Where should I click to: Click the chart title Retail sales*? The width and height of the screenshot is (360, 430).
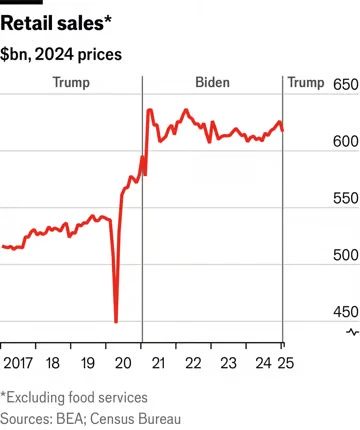[x=56, y=24]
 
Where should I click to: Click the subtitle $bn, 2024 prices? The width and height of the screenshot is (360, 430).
[x=61, y=54]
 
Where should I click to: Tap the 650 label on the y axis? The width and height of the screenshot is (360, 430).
[x=346, y=85]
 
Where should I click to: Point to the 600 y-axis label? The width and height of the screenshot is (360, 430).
[x=346, y=141]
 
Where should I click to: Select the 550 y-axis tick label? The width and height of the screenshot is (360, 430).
[x=346, y=198]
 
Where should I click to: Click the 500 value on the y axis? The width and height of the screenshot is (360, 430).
[x=346, y=255]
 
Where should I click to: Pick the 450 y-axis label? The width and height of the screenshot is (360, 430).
[x=346, y=312]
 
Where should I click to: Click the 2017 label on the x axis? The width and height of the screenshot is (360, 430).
[x=18, y=363]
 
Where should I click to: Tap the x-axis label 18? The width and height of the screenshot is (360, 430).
[x=53, y=363]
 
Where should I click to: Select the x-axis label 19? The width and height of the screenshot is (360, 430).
[x=88, y=363]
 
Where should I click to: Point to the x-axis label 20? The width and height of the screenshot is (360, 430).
[x=123, y=363]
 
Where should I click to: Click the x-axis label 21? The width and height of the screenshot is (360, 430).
[x=158, y=363]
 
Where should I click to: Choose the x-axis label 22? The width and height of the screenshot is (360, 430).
[x=193, y=363]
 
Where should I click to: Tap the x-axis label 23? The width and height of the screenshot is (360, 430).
[x=228, y=363]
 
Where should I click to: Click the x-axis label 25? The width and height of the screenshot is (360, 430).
[x=286, y=363]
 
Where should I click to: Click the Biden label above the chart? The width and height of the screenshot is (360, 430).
[x=212, y=82]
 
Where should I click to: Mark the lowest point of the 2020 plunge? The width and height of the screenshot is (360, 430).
[x=116, y=322]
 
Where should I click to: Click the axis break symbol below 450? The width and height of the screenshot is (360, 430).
[x=353, y=332]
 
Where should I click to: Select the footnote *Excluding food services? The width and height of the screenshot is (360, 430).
[x=74, y=397]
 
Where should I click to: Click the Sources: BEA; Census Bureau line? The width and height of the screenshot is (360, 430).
[x=90, y=419]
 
